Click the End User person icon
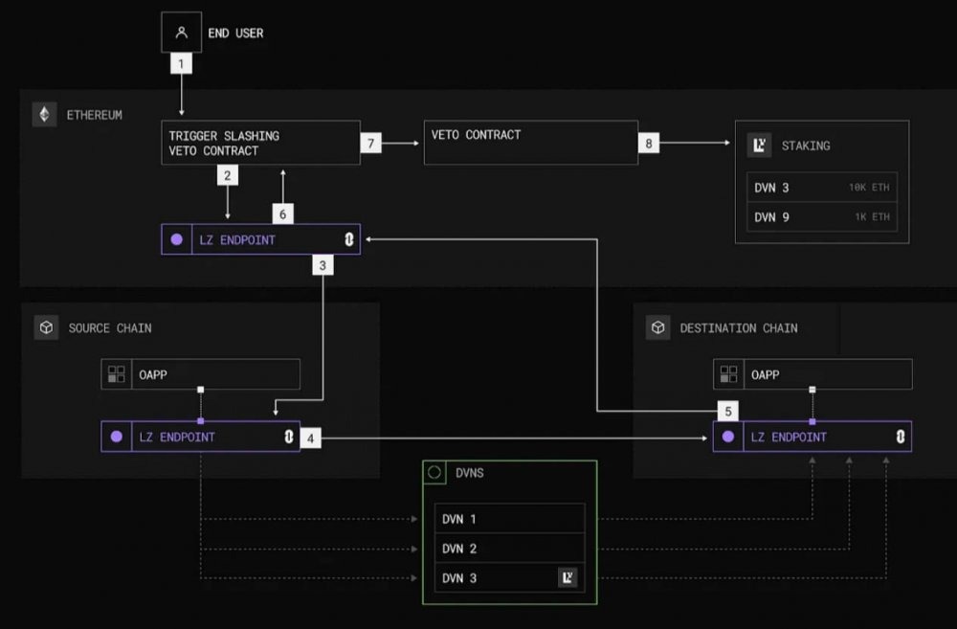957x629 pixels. [181, 33]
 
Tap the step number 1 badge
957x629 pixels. [181, 63]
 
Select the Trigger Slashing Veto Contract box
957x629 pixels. [260, 143]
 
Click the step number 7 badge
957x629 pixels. [371, 144]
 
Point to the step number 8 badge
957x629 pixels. [649, 144]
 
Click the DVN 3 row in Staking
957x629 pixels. [822, 188]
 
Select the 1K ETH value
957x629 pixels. [872, 216]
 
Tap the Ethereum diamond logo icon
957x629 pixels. [45, 114]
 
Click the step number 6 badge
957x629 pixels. [282, 214]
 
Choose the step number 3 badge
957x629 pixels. [323, 265]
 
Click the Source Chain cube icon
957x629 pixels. [46, 328]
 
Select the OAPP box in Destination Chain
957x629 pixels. [812, 374]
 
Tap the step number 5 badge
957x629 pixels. [728, 411]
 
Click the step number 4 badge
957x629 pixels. [311, 438]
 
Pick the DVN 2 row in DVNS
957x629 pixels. [510, 549]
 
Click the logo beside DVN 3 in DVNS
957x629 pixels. [568, 577]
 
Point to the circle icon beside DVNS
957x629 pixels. [434, 472]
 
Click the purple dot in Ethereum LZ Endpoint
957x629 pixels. [177, 239]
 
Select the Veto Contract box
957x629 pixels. [531, 143]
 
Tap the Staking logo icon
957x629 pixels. [759, 146]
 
